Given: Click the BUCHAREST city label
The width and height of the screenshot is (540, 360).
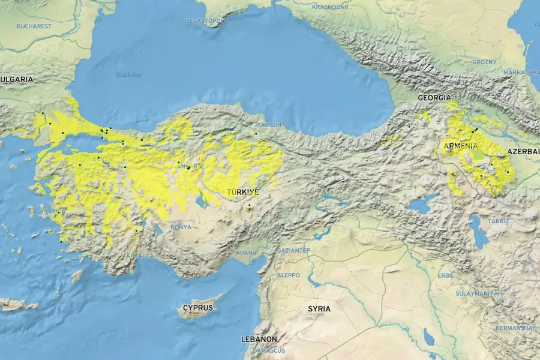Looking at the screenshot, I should point(34,26).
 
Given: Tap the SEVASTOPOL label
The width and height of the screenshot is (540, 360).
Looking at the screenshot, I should point(205,21).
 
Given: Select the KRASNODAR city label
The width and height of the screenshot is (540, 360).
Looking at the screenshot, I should point(330,7).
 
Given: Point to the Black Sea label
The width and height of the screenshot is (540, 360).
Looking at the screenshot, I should point(128,74).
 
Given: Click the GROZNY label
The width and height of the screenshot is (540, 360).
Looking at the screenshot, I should point(484,62).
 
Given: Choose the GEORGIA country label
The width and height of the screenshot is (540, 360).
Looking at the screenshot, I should point(434,97).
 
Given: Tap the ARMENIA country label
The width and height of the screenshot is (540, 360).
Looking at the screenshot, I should point(461,146).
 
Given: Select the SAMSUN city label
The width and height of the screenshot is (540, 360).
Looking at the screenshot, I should point(269,125).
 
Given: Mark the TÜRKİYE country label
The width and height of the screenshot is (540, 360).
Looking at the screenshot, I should point(243,192).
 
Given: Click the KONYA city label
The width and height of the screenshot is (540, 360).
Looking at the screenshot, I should point(181,227).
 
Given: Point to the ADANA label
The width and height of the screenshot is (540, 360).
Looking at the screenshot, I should point(246,253).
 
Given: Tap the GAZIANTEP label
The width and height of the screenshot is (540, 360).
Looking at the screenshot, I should point(293,250).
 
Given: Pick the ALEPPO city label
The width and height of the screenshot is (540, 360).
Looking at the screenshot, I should point(288,275).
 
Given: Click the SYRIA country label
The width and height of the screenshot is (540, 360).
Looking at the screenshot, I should point(319,308).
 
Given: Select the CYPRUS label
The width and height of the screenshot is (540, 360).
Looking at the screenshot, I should point(198,308).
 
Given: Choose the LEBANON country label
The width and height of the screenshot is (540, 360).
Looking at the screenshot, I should point(259,339).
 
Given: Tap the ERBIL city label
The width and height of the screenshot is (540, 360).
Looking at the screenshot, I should point(446,275).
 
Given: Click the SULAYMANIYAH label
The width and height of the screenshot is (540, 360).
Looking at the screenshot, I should point(479,293).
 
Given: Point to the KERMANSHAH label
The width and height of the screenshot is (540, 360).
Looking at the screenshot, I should point(516,328).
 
